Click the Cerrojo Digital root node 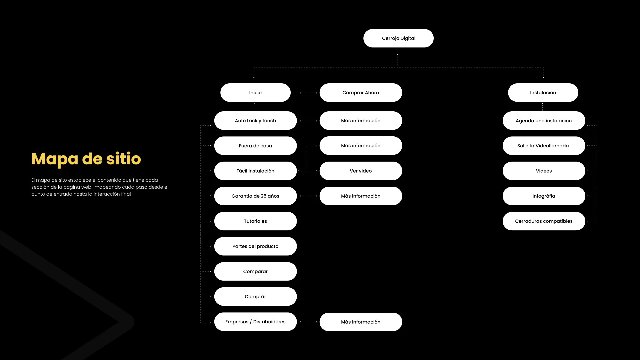point(398,38)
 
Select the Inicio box point(255,93)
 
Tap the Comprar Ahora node point(361,93)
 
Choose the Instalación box point(543,93)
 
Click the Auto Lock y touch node point(255,121)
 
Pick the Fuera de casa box point(255,146)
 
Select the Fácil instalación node point(255,171)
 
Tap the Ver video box point(361,171)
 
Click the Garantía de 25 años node point(255,196)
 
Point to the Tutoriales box point(255,221)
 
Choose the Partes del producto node point(255,246)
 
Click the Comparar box point(255,272)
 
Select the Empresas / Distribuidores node point(255,322)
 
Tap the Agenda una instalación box point(544,121)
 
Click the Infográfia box point(544,196)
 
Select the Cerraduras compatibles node point(544,221)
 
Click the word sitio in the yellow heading point(124,159)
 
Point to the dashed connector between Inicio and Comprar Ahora point(308,93)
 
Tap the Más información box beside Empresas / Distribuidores point(361,322)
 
